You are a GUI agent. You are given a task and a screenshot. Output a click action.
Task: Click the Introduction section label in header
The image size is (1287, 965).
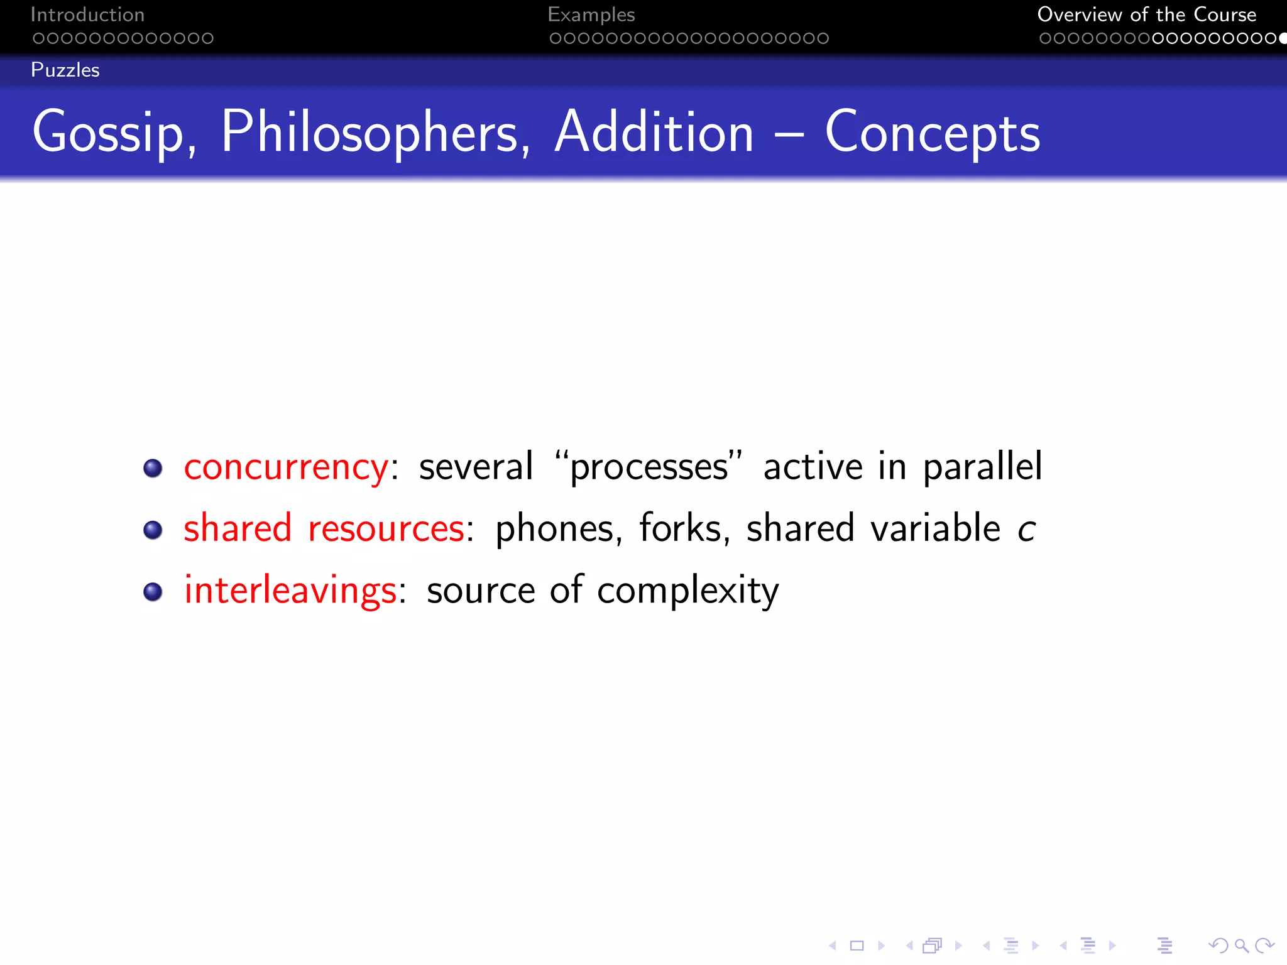point(87,14)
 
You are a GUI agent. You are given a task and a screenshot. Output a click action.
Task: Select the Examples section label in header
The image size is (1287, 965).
point(591,14)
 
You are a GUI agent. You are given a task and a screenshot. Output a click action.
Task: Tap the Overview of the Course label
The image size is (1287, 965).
point(1146,14)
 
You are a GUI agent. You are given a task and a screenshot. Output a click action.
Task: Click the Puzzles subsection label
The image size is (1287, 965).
point(65,70)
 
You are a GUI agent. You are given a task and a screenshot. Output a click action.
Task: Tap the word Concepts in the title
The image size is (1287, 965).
point(932,133)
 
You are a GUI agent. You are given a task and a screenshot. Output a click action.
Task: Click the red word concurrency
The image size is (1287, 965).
point(286,467)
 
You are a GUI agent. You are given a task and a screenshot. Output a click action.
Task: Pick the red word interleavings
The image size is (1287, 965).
point(290,591)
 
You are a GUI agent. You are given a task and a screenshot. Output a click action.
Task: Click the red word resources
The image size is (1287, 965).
point(386,528)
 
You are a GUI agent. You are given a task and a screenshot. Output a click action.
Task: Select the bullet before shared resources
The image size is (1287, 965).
point(153,530)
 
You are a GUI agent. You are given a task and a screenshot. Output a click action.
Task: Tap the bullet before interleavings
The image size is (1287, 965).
point(153,591)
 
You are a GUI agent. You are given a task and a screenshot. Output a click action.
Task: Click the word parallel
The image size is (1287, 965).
point(982,467)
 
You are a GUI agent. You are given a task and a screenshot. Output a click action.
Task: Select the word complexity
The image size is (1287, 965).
point(687,591)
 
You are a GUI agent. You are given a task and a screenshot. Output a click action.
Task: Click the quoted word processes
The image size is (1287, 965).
point(649,467)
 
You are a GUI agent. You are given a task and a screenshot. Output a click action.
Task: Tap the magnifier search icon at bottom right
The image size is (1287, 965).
point(1241,946)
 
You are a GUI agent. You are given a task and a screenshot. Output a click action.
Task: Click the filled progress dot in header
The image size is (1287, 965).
point(1283,38)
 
